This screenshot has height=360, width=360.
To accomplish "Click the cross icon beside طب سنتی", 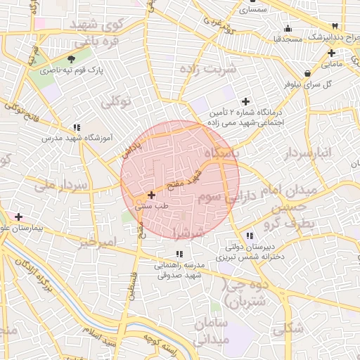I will click(x=151, y=194).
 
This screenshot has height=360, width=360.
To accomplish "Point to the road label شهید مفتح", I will click(x=186, y=180).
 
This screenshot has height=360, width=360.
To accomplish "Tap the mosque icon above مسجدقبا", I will click(x=287, y=29).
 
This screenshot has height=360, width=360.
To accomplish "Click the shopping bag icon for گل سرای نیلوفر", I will click(x=307, y=73).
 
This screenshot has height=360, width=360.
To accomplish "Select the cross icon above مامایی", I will click(x=331, y=53).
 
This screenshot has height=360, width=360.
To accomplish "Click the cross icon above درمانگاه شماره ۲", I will click(x=245, y=102).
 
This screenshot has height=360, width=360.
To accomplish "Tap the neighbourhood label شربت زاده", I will click(x=208, y=70).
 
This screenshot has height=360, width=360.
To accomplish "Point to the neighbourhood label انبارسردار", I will click(x=313, y=153).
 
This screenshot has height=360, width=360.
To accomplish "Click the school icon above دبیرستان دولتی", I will click(x=250, y=236).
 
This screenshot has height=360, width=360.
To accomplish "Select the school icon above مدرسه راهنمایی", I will click(x=179, y=254).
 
